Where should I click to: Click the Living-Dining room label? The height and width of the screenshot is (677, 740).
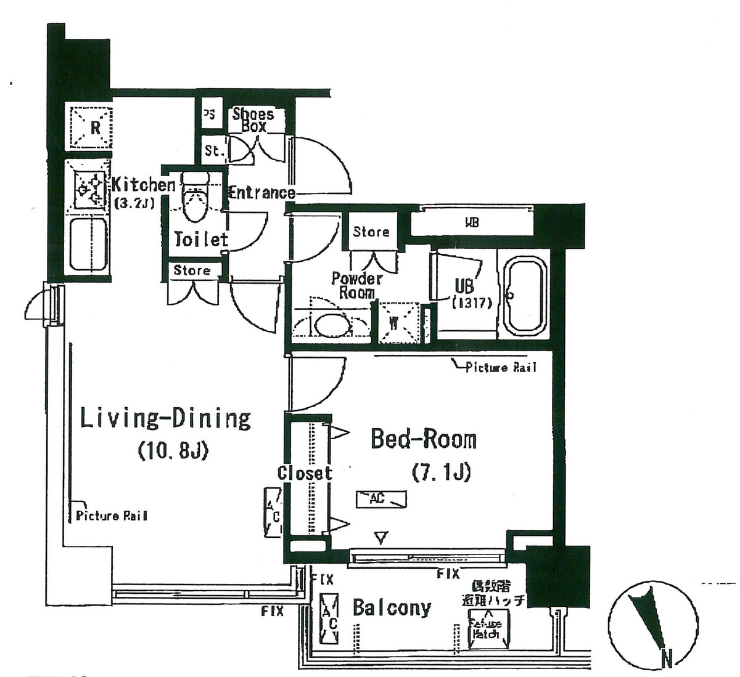tap(166, 419)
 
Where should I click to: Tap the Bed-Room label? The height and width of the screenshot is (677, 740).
tap(423, 440)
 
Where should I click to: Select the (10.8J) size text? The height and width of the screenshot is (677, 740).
tap(173, 451)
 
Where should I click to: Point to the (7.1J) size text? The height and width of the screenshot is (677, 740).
tap(441, 472)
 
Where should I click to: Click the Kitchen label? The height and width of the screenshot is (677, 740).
tap(143, 185)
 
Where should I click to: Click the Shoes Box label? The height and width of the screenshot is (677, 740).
tap(253, 120)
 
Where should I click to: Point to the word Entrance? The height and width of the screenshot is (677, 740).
tap(261, 193)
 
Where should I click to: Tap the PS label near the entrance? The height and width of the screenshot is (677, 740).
tap(210, 115)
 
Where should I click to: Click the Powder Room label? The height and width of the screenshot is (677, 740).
tap(356, 285)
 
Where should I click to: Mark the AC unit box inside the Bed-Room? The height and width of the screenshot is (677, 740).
tap(380, 500)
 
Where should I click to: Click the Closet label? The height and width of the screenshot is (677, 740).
tap(305, 473)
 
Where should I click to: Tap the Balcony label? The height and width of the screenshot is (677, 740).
tap(392, 608)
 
